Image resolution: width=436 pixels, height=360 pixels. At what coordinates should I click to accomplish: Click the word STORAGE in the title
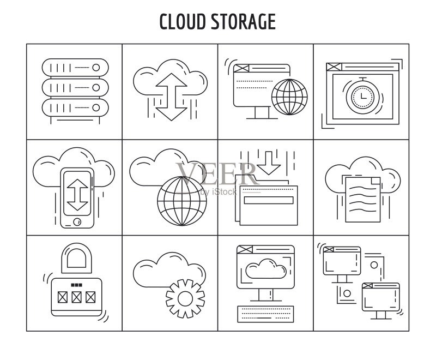[x=243, y=21]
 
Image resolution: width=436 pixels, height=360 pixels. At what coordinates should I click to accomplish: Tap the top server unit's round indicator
[x=96, y=68]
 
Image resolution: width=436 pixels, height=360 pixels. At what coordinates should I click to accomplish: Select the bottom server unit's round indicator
[x=96, y=107]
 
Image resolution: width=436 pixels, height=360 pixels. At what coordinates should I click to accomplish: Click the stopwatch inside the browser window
[x=362, y=96]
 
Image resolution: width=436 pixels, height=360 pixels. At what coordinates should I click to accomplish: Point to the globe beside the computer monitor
[x=289, y=97]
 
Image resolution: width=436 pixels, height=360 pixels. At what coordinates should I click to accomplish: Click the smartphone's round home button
[x=77, y=222]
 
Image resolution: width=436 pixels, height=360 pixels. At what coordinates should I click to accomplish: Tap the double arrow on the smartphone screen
[x=77, y=195]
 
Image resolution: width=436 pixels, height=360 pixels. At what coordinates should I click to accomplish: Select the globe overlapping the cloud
[x=182, y=201]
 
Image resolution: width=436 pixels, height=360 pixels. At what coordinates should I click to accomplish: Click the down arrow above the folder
[x=268, y=163]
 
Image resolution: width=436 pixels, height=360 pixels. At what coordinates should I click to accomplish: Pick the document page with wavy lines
[x=363, y=200]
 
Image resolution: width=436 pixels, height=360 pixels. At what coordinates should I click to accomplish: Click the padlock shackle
[x=76, y=258]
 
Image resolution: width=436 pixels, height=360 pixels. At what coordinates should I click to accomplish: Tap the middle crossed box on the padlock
[x=76, y=297]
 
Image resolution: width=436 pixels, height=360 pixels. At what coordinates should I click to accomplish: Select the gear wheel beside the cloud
[x=185, y=299]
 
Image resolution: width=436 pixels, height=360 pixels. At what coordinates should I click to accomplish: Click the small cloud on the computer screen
[x=266, y=269]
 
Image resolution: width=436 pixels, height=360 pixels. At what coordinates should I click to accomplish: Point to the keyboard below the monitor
[x=265, y=314]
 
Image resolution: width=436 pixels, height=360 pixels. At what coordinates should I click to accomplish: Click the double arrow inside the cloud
[x=171, y=97]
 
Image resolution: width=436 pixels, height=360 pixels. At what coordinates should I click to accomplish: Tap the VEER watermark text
[x=216, y=174]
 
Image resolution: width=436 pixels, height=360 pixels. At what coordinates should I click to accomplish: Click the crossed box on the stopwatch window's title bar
[x=334, y=67]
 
